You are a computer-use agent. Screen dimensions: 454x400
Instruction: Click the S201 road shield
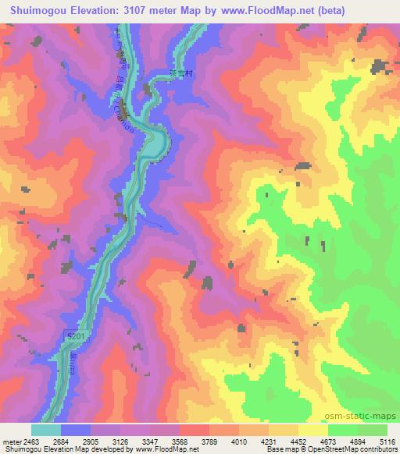71,335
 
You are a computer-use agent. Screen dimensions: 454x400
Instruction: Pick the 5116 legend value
387,441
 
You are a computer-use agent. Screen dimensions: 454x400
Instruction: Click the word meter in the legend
11,441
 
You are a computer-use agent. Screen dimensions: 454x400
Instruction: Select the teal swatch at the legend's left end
45,430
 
